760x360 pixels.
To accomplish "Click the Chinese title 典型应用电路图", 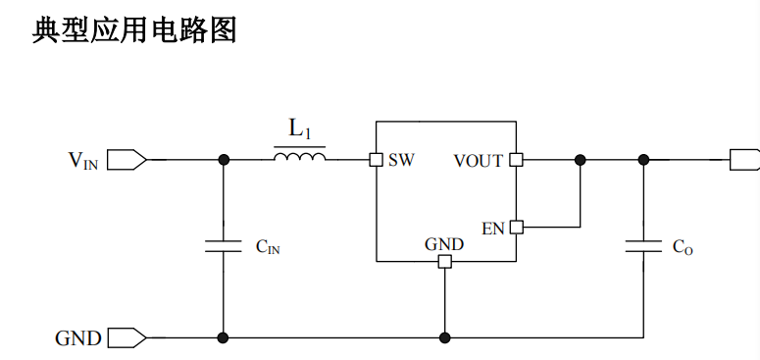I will pos(134,30).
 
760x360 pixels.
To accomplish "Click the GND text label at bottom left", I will pos(78,338).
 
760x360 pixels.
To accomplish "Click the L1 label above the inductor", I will pos(299,128).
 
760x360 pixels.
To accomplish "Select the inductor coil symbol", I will pos(299,157).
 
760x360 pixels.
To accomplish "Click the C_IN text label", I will pos(268,248).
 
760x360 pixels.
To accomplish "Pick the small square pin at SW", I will pos(376,160).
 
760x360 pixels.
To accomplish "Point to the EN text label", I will pos(493,228).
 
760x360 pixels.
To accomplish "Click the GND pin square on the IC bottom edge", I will pos(445,262).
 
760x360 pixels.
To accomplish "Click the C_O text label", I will pos(683,248).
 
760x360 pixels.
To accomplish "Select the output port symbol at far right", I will pos(744,160).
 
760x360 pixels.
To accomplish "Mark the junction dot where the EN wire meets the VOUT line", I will pos(581,160).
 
